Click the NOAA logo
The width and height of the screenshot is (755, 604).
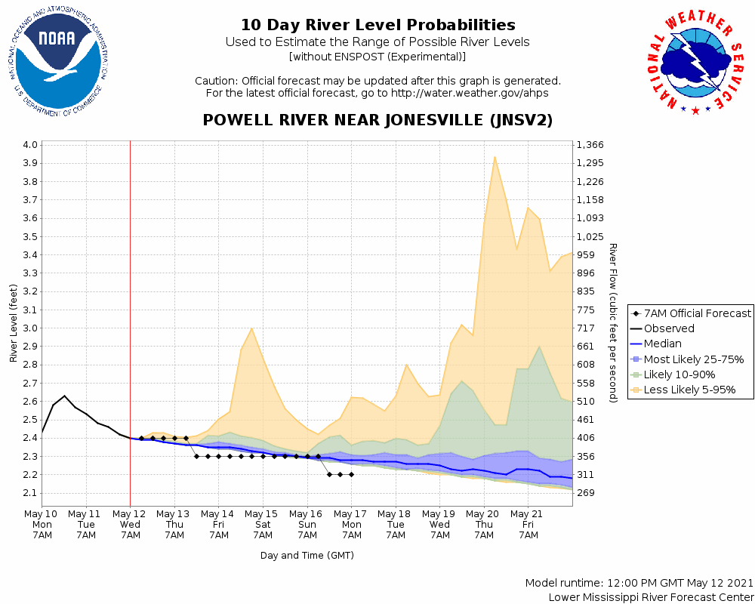[x=58, y=59]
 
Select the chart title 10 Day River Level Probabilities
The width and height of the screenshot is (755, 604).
[x=377, y=26]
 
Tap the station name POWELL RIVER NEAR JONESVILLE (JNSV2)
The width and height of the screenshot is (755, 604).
[x=377, y=120]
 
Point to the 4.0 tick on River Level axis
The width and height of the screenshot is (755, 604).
[x=29, y=145]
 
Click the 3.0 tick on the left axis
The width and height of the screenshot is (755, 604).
[x=29, y=328]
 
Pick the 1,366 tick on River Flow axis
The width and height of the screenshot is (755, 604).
[x=590, y=145]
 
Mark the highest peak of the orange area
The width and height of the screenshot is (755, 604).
[x=495, y=157]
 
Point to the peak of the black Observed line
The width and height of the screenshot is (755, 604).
[x=64, y=396]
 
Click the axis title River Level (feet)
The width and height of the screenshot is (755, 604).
[x=14, y=323]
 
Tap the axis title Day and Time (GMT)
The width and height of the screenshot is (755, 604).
[x=307, y=555]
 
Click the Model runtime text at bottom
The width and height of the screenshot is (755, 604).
[x=639, y=583]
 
